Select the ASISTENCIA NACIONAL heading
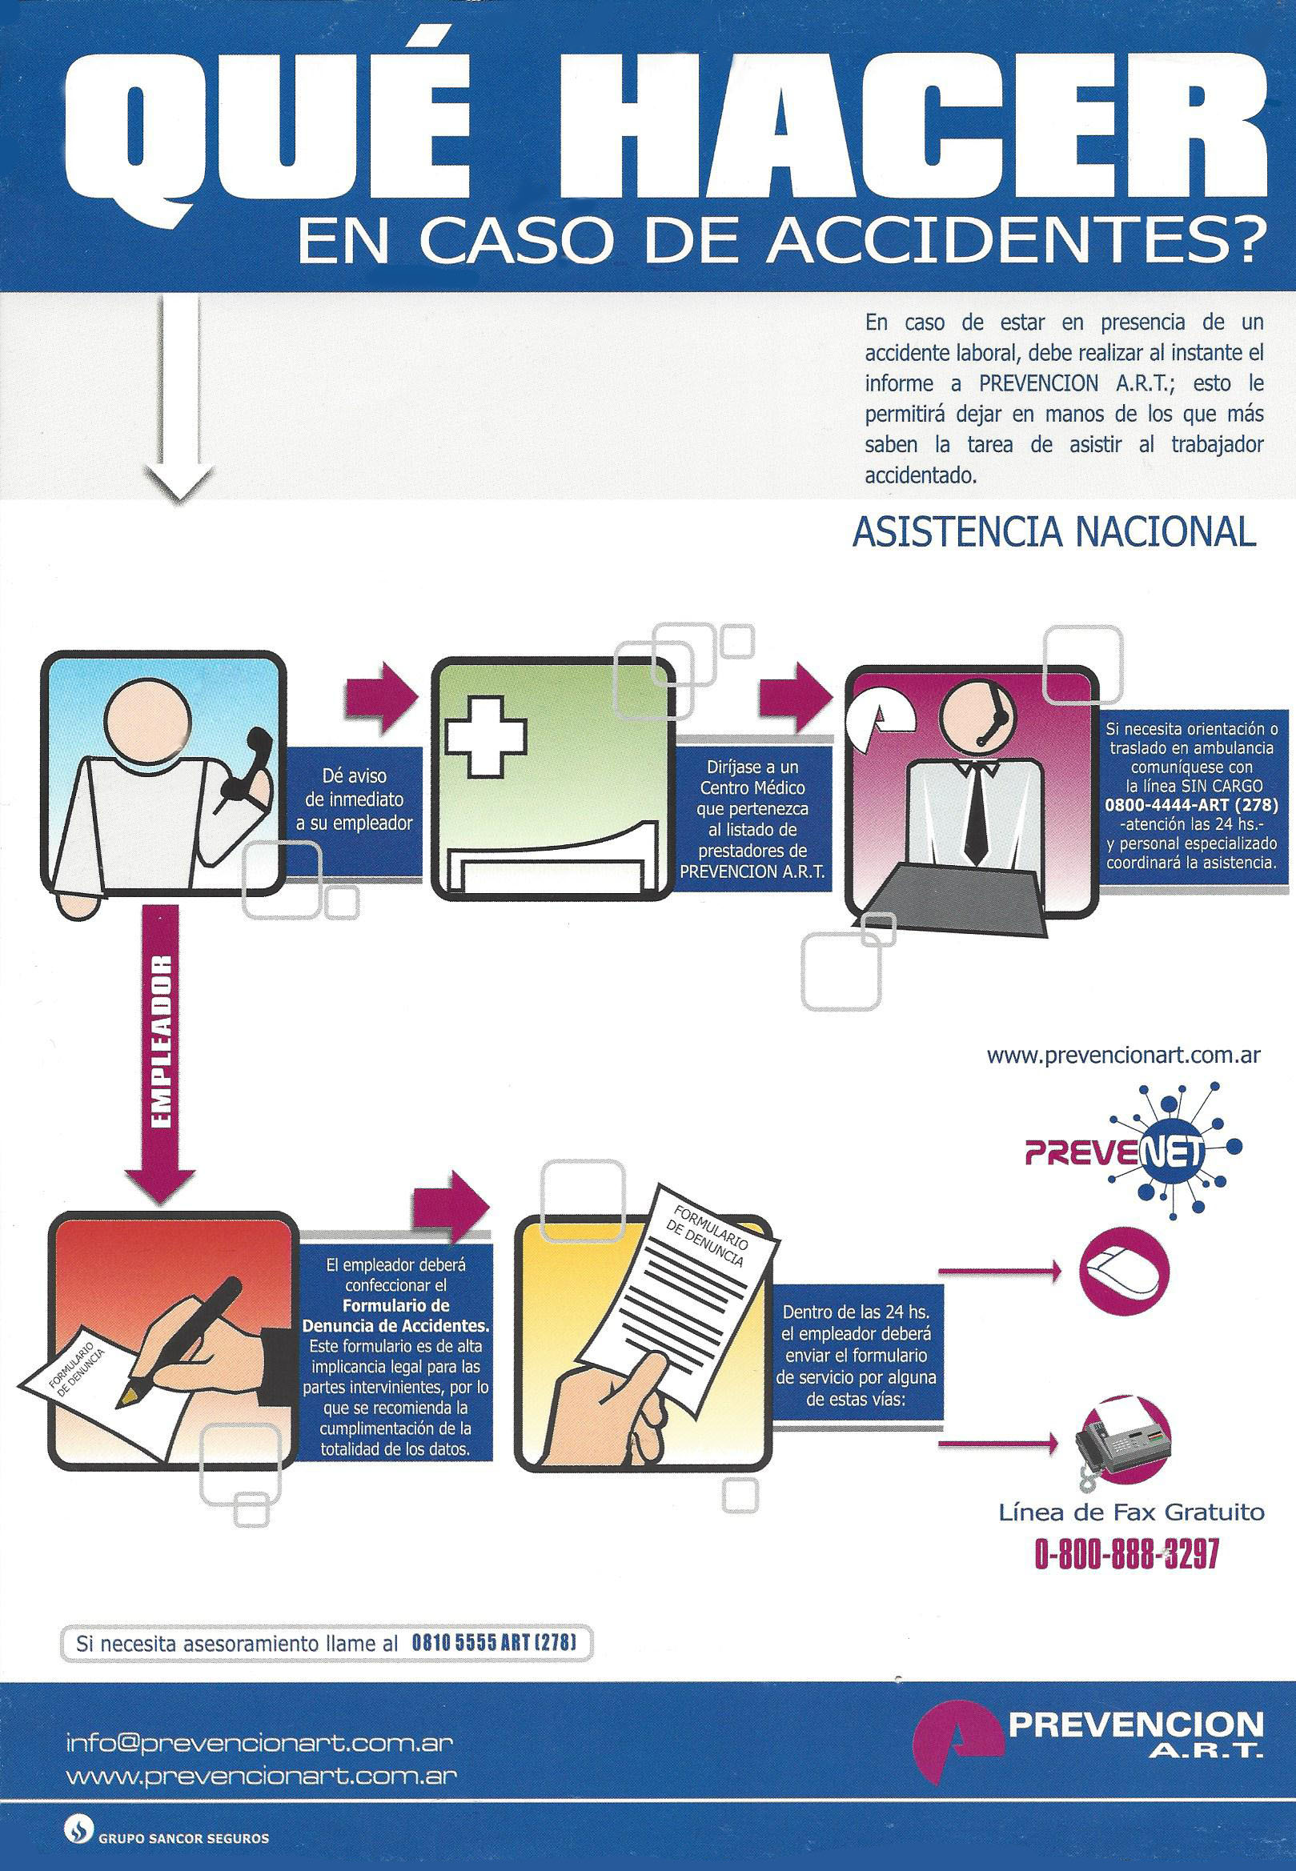[1053, 533]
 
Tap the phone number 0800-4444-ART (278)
[1189, 806]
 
